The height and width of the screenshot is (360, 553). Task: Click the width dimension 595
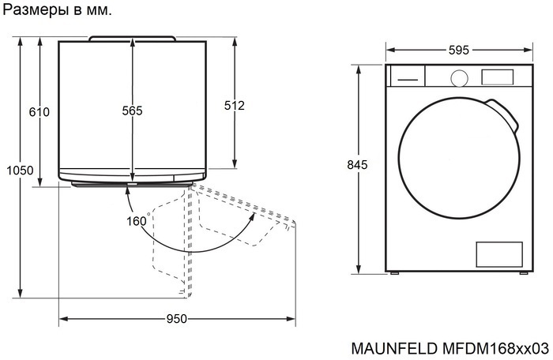tap(458, 50)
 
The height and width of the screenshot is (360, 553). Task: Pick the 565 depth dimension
tap(132, 111)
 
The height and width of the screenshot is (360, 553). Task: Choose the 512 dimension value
tap(235, 106)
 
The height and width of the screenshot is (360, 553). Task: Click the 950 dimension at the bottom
tap(176, 319)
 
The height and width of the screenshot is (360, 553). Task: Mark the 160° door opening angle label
tap(137, 221)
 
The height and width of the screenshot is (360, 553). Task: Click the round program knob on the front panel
tap(458, 77)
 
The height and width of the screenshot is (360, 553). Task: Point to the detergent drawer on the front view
tap(408, 77)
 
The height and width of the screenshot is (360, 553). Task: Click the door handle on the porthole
tap(510, 117)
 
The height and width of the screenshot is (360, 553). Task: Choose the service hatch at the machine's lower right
tap(498, 254)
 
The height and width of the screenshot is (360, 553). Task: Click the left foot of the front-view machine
tap(395, 273)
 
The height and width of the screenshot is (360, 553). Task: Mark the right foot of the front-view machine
tap(523, 273)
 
